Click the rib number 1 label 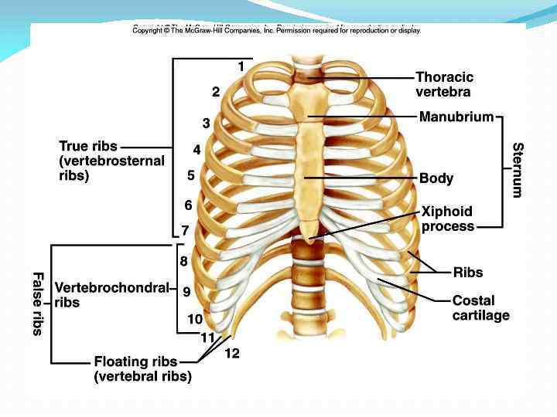point(241,67)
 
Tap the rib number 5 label point(190,175)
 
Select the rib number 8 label point(183,261)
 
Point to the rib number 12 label point(232,353)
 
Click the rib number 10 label point(195,318)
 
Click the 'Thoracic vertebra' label point(444,84)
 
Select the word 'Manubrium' point(456,117)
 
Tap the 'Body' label point(436,178)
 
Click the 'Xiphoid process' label point(446,219)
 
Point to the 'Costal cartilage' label point(480,307)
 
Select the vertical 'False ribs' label point(37,303)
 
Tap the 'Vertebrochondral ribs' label point(111,295)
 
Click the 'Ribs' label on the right point(467,272)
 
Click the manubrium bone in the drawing point(309,100)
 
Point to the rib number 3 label point(207,123)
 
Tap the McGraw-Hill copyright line point(276,30)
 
